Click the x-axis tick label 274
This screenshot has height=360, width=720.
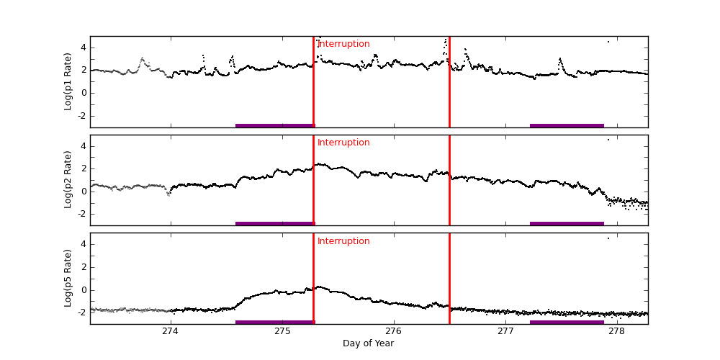(x=171, y=331)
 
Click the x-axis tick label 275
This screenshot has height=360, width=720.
(x=282, y=331)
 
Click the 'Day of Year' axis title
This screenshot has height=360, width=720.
(x=368, y=343)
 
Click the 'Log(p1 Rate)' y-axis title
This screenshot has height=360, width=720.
(x=68, y=81)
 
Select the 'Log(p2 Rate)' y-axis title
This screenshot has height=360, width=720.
(x=68, y=180)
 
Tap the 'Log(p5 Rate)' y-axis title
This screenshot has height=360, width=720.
(x=68, y=278)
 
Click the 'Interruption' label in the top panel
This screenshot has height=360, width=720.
(x=343, y=44)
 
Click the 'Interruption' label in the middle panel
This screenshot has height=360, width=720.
(x=343, y=143)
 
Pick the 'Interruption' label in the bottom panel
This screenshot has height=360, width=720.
(x=343, y=241)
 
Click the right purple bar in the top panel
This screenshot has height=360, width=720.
(x=567, y=125)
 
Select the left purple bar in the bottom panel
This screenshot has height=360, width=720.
(x=275, y=322)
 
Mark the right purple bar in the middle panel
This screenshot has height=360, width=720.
(x=567, y=223)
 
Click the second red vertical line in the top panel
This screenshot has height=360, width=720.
(x=449, y=81)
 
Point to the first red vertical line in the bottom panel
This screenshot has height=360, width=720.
(x=313, y=278)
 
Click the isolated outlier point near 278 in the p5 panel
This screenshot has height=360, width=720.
(x=608, y=238)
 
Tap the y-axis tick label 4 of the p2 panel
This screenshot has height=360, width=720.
(x=84, y=146)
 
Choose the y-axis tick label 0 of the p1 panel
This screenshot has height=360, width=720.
(x=84, y=93)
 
